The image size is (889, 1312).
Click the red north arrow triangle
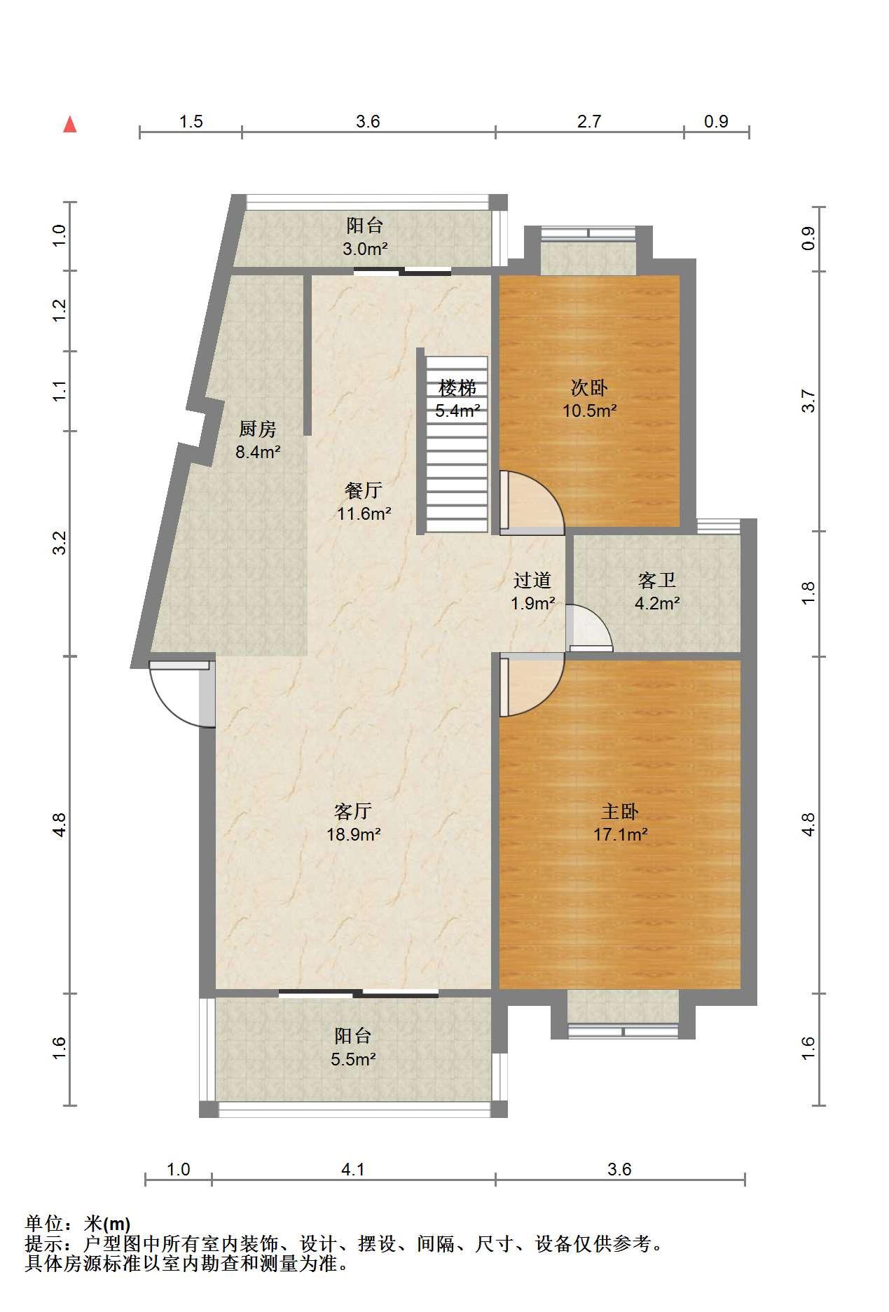pos(70,125)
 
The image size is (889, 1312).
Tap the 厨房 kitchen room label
pos(258,429)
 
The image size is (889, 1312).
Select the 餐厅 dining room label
pos(364,490)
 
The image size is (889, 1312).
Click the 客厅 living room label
pos(353,811)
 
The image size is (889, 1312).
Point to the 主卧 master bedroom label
pos(620,811)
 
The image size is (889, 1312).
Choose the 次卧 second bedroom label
pos(589,387)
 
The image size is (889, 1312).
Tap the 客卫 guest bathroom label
pos(657,580)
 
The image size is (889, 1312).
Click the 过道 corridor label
pos(532,580)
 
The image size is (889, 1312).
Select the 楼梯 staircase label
pos(457,387)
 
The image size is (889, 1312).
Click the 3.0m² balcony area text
pos(365,248)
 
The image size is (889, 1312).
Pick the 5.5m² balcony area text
pos(353,1059)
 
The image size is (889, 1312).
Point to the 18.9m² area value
pos(353,834)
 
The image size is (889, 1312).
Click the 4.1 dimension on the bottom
pos(353,1169)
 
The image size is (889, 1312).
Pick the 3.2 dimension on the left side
pos(60,543)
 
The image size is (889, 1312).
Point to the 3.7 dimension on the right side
pos(808,401)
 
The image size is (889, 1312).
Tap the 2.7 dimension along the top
pos(589,121)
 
